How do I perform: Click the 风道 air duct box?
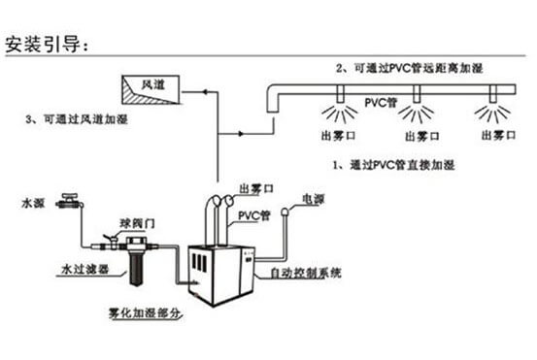coord(151,89)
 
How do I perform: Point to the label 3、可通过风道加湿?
coord(77,119)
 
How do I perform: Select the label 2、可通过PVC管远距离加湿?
coord(409,68)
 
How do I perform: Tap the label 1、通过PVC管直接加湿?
coord(394,165)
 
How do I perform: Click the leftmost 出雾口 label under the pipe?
coord(338,136)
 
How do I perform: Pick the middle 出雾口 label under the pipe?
coord(421,137)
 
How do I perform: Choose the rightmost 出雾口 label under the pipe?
coord(499,135)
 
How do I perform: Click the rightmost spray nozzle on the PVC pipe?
coord(493,94)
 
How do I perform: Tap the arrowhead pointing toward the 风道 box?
coord(205,92)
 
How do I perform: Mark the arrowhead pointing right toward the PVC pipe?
coord(241,134)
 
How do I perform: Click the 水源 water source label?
coord(33,203)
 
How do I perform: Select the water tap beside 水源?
coord(70,201)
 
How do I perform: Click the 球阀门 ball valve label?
coord(137,223)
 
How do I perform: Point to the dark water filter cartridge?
coord(136,268)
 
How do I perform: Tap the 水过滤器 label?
coord(84,269)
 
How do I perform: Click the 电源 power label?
coord(313,199)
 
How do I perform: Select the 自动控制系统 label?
coord(306,273)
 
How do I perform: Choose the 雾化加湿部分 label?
coord(145,312)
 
